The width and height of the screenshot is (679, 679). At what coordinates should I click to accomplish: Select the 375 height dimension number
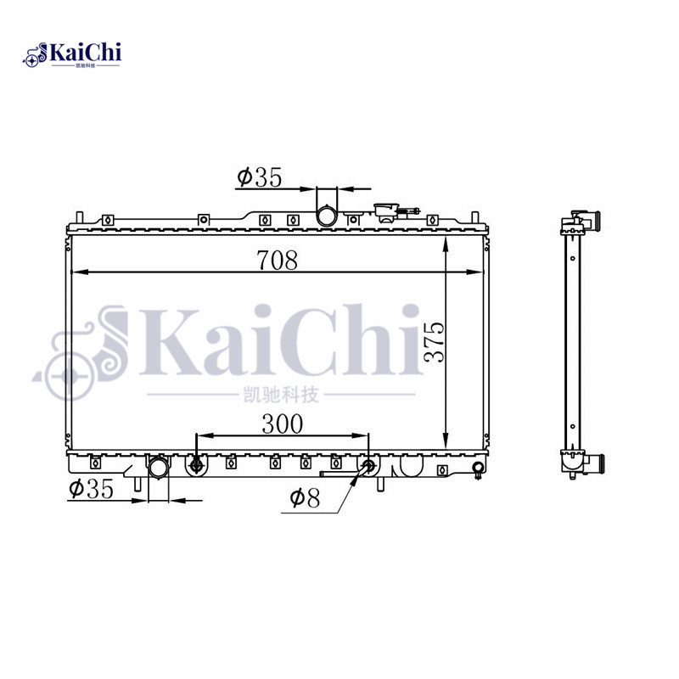click(434, 341)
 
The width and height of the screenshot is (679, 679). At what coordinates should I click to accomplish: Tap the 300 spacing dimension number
click(282, 424)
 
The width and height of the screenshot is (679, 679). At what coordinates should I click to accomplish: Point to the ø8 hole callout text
click(304, 499)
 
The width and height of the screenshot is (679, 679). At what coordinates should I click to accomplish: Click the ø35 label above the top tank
click(258, 177)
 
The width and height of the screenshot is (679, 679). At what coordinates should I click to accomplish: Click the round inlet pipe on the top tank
click(327, 216)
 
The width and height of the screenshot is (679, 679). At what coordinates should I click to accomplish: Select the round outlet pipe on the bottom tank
click(159, 469)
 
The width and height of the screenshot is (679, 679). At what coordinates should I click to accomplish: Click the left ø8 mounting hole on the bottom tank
click(197, 464)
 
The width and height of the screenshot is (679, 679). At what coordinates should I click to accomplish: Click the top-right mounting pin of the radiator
click(478, 217)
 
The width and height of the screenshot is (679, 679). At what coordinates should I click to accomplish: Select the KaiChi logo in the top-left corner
click(72, 54)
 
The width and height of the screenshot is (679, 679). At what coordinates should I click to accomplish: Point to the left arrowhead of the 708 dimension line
click(76, 272)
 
